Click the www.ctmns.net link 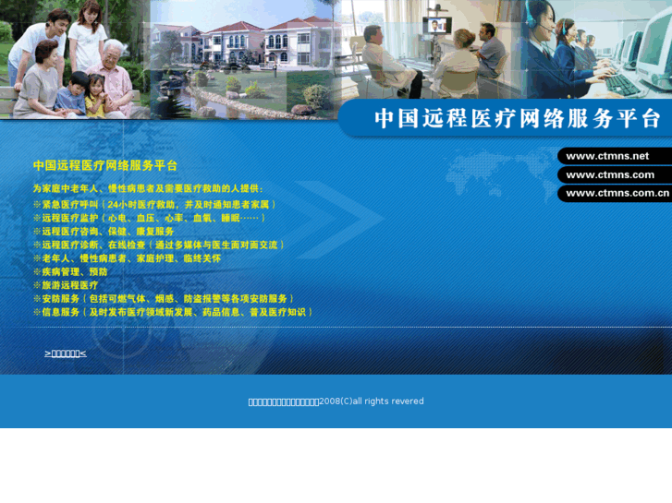pos(607,156)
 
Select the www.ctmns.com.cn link pos(617,193)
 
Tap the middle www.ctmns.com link pos(610,174)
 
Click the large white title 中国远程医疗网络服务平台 pos(518,119)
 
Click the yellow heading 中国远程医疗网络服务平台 pos(105,165)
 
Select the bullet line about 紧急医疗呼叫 pos(154,204)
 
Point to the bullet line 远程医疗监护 pos(149,218)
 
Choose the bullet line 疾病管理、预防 pos(70,272)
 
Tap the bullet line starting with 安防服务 pos(165,299)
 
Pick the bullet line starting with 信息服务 pos(173,313)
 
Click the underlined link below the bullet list pos(66,353)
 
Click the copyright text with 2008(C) pos(336,401)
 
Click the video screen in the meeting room pos(434,25)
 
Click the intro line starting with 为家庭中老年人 pos(148,188)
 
